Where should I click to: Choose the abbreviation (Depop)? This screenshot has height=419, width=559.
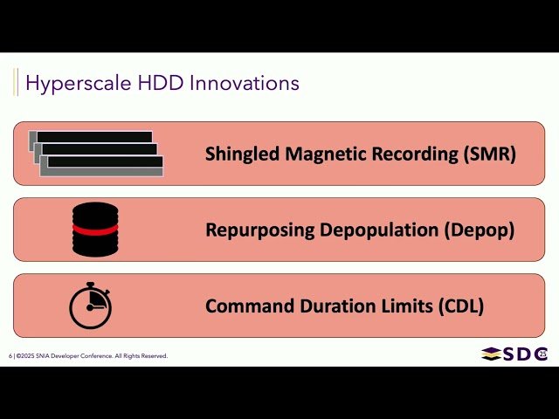480,230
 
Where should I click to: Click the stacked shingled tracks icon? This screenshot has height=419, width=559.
96,154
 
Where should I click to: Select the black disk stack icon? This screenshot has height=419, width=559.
95,230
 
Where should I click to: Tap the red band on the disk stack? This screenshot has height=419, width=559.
95,229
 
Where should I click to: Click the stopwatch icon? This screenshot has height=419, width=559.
91,306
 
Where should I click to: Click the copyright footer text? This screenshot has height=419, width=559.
87,356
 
